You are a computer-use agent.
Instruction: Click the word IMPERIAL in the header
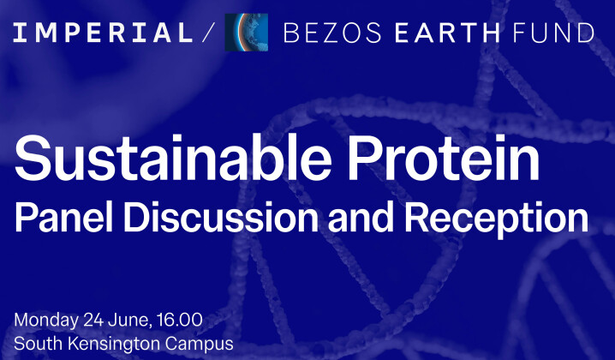pos(104,33)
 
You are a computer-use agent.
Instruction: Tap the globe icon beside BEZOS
pos(246,33)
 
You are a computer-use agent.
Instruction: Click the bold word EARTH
pos(442,33)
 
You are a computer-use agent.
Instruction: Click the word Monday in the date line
pos(44,321)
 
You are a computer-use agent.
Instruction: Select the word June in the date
pos(128,321)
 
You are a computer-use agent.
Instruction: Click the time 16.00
pos(179,321)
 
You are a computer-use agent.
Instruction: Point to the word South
pos(35,344)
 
